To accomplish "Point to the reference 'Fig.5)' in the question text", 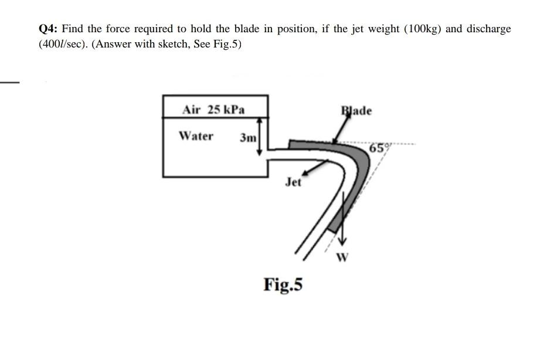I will tap(227, 45).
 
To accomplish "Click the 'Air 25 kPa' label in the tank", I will tap(213, 110).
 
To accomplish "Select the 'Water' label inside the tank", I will tap(196, 136).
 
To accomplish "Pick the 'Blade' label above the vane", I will tap(356, 111).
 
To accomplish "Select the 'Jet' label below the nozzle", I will tap(293, 182).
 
